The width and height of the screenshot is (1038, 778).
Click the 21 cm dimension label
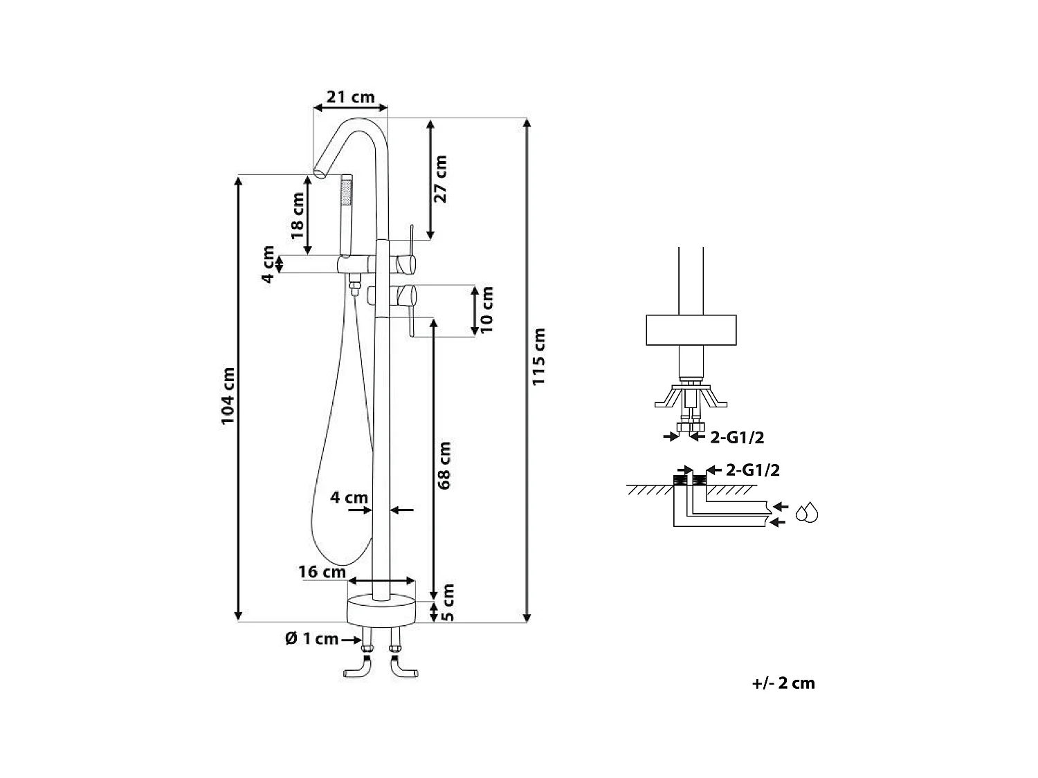[x=350, y=97]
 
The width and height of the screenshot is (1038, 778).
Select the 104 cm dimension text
[x=228, y=396]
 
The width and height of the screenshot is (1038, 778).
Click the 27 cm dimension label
[x=440, y=178]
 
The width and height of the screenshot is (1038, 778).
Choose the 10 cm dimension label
[x=488, y=309]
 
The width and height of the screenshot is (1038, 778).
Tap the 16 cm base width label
[x=322, y=572]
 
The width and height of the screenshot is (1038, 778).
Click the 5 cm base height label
[x=447, y=602]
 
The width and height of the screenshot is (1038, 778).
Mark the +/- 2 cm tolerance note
[x=783, y=683]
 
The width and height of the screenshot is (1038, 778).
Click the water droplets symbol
[x=807, y=513]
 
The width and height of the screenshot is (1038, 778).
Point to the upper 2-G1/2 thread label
[x=737, y=437]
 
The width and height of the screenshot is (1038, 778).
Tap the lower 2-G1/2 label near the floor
[x=753, y=470]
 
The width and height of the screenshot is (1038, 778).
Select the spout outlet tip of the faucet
[x=320, y=172]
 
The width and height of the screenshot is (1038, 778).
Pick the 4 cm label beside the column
[x=349, y=497]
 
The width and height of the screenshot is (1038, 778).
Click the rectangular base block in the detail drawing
[x=691, y=330]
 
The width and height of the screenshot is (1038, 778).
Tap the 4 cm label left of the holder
[x=268, y=263]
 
